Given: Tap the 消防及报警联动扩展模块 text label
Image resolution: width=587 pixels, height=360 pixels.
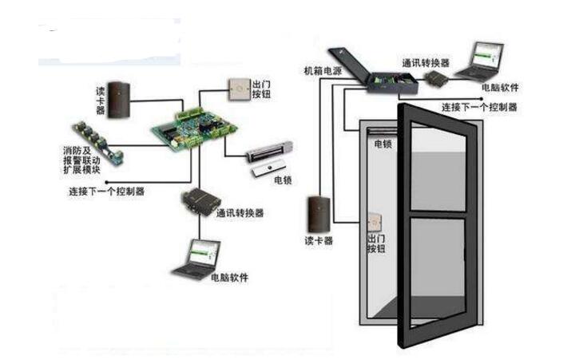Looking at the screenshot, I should click(x=82, y=160).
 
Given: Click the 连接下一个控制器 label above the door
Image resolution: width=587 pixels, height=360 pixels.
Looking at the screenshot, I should click(x=480, y=106).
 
